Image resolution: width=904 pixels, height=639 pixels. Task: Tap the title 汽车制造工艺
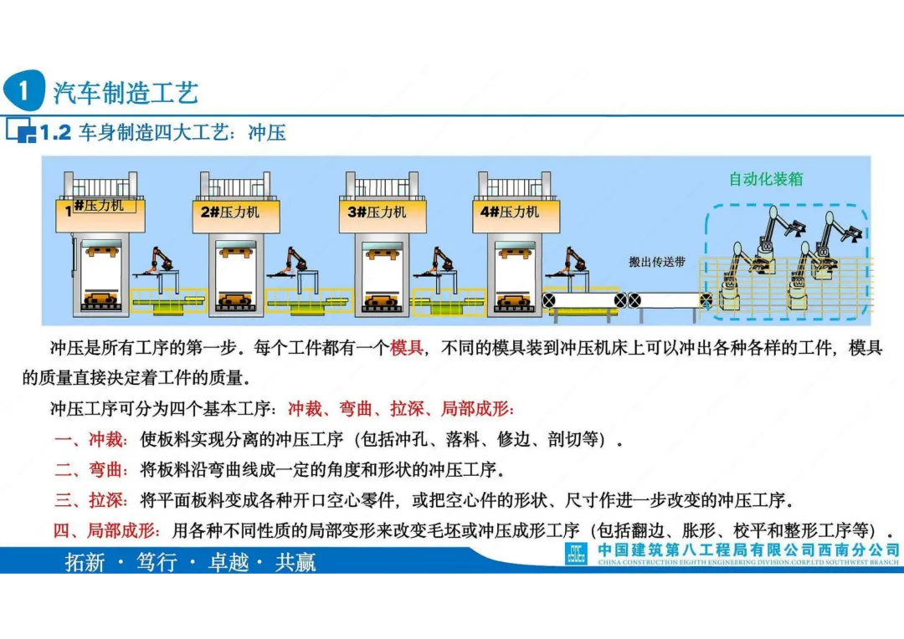click(126, 92)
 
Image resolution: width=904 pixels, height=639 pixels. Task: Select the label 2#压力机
click(230, 212)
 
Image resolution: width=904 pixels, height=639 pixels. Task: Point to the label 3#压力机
click(378, 212)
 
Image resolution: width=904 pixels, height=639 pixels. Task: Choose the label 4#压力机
click(510, 212)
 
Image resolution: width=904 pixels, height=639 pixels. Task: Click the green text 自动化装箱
click(766, 178)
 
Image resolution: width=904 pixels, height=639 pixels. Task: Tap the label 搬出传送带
click(657, 262)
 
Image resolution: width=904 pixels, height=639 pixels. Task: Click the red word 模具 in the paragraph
click(407, 347)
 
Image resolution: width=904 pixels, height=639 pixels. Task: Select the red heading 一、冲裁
click(91, 439)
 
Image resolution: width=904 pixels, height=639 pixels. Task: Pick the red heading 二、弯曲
click(91, 469)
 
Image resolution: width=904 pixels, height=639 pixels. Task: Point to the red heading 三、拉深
click(91, 500)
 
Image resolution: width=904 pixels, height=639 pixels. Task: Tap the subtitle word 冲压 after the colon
click(267, 132)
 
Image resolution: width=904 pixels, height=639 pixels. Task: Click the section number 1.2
click(55, 132)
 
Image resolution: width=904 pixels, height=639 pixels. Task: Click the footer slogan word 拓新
click(85, 562)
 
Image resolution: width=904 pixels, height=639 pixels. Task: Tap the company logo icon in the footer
click(576, 555)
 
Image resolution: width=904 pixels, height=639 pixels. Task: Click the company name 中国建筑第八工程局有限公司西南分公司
click(749, 550)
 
